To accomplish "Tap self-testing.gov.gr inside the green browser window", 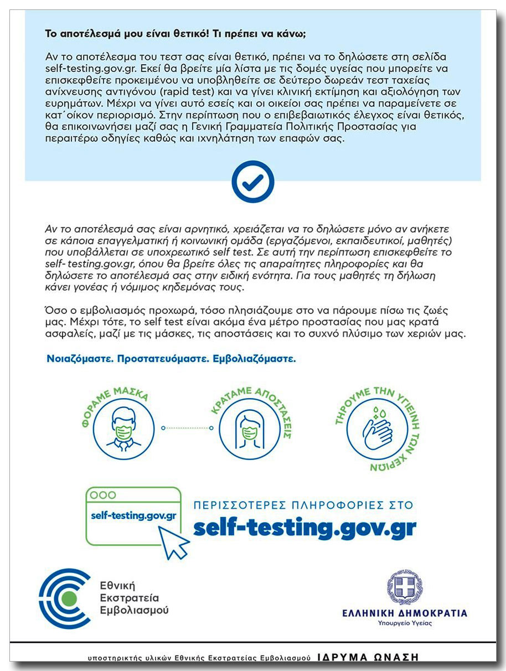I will click(x=133, y=515).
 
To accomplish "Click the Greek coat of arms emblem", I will click(x=404, y=587).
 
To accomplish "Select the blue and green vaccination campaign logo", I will click(x=65, y=598).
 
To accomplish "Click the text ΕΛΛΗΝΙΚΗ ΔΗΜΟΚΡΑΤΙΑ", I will click(x=404, y=613).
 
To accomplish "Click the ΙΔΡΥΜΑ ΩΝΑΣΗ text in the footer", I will click(x=368, y=657).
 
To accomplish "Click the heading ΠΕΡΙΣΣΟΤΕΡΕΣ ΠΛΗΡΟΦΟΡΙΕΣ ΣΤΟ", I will click(x=303, y=505).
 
